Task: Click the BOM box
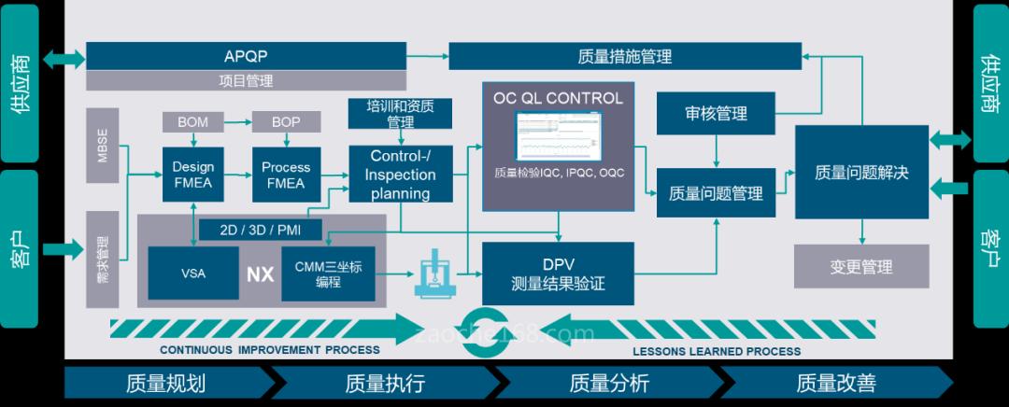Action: tap(192, 122)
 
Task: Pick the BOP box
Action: tap(286, 122)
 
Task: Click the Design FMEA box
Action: tap(192, 175)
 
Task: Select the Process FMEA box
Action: tap(286, 175)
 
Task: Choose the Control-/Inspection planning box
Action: tap(400, 175)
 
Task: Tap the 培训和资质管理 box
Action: tap(400, 113)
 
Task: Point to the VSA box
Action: tap(193, 274)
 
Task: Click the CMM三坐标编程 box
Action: tap(328, 274)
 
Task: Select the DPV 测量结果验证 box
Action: tap(558, 274)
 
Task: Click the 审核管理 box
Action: tap(716, 114)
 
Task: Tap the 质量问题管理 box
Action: tap(716, 193)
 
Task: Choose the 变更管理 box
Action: tap(860, 266)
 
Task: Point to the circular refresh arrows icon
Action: tap(491, 327)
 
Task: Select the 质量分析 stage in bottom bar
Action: tap(607, 383)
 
